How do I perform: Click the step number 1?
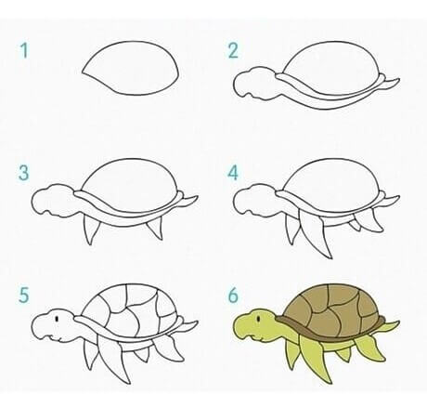tap(24, 51)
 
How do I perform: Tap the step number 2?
tap(233, 51)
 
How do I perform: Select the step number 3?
tap(23, 173)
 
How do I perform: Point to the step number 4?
tap(233, 173)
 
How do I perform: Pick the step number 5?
tap(24, 295)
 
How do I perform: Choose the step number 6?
tap(233, 295)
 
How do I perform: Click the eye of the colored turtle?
tap(259, 318)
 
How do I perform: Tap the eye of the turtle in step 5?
tap(57, 319)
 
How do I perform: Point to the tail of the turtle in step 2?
tap(391, 83)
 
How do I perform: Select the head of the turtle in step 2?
tap(253, 83)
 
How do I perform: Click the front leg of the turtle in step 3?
tap(91, 229)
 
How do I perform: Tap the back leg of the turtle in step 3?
tap(155, 228)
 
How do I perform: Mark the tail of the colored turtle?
tap(391, 326)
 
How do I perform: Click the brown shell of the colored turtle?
tap(332, 309)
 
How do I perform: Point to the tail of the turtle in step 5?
tap(188, 326)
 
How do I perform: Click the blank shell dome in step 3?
tap(130, 185)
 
